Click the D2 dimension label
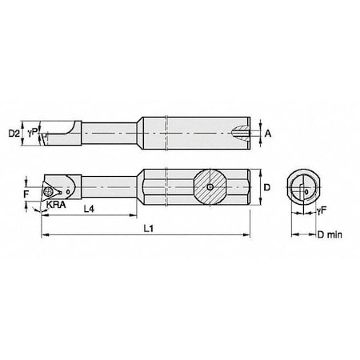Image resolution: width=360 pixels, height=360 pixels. click(x=14, y=134)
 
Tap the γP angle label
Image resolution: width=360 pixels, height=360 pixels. click(x=33, y=132)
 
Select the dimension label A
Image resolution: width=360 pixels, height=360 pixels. click(x=268, y=134)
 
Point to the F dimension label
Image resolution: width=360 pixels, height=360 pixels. click(x=26, y=194)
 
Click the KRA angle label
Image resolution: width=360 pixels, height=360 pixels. click(x=56, y=205)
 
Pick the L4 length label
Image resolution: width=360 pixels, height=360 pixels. click(x=89, y=209)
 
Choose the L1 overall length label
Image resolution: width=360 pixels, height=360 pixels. click(x=149, y=229)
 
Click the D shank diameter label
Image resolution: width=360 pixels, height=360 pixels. click(x=267, y=187)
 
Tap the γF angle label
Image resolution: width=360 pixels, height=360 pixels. click(x=322, y=210)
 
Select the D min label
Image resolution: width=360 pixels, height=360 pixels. click(x=330, y=234)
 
